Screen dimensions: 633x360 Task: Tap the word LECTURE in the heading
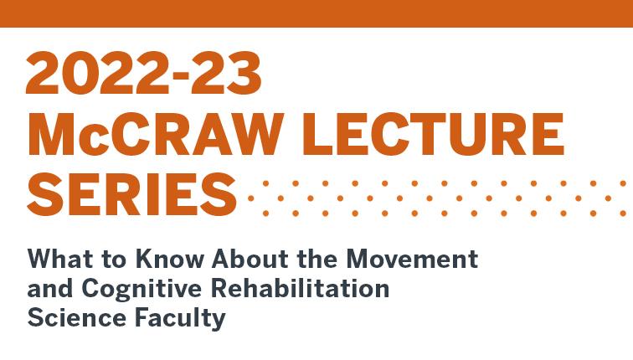(x=433, y=135)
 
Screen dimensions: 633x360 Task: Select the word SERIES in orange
(x=131, y=194)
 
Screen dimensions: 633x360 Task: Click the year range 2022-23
(x=144, y=73)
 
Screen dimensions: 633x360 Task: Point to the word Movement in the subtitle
(x=412, y=259)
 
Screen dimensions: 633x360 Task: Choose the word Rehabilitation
(x=300, y=288)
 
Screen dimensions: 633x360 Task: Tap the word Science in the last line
(x=77, y=317)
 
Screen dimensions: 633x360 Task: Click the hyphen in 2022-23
(x=178, y=75)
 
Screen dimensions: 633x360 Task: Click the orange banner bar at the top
(x=316, y=13)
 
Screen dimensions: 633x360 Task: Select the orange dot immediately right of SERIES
(x=250, y=198)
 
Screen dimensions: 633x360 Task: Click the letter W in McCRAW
(x=249, y=135)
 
